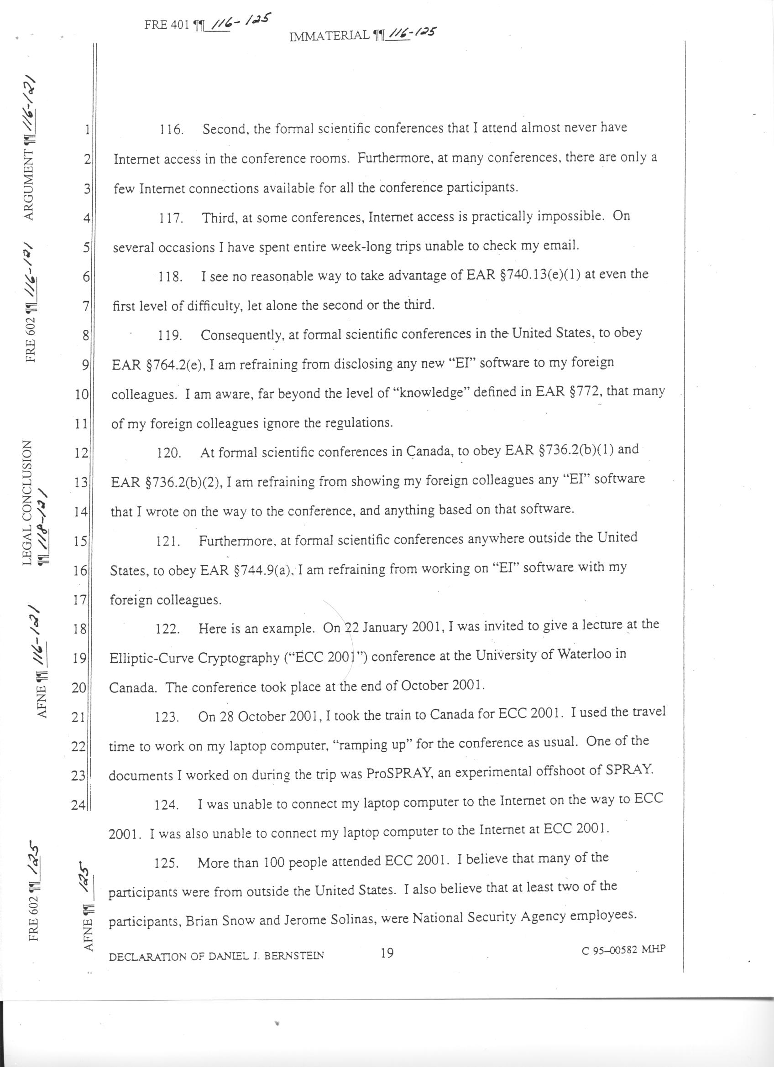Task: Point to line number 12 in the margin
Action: click(x=81, y=453)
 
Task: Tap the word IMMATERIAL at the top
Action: click(x=329, y=35)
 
